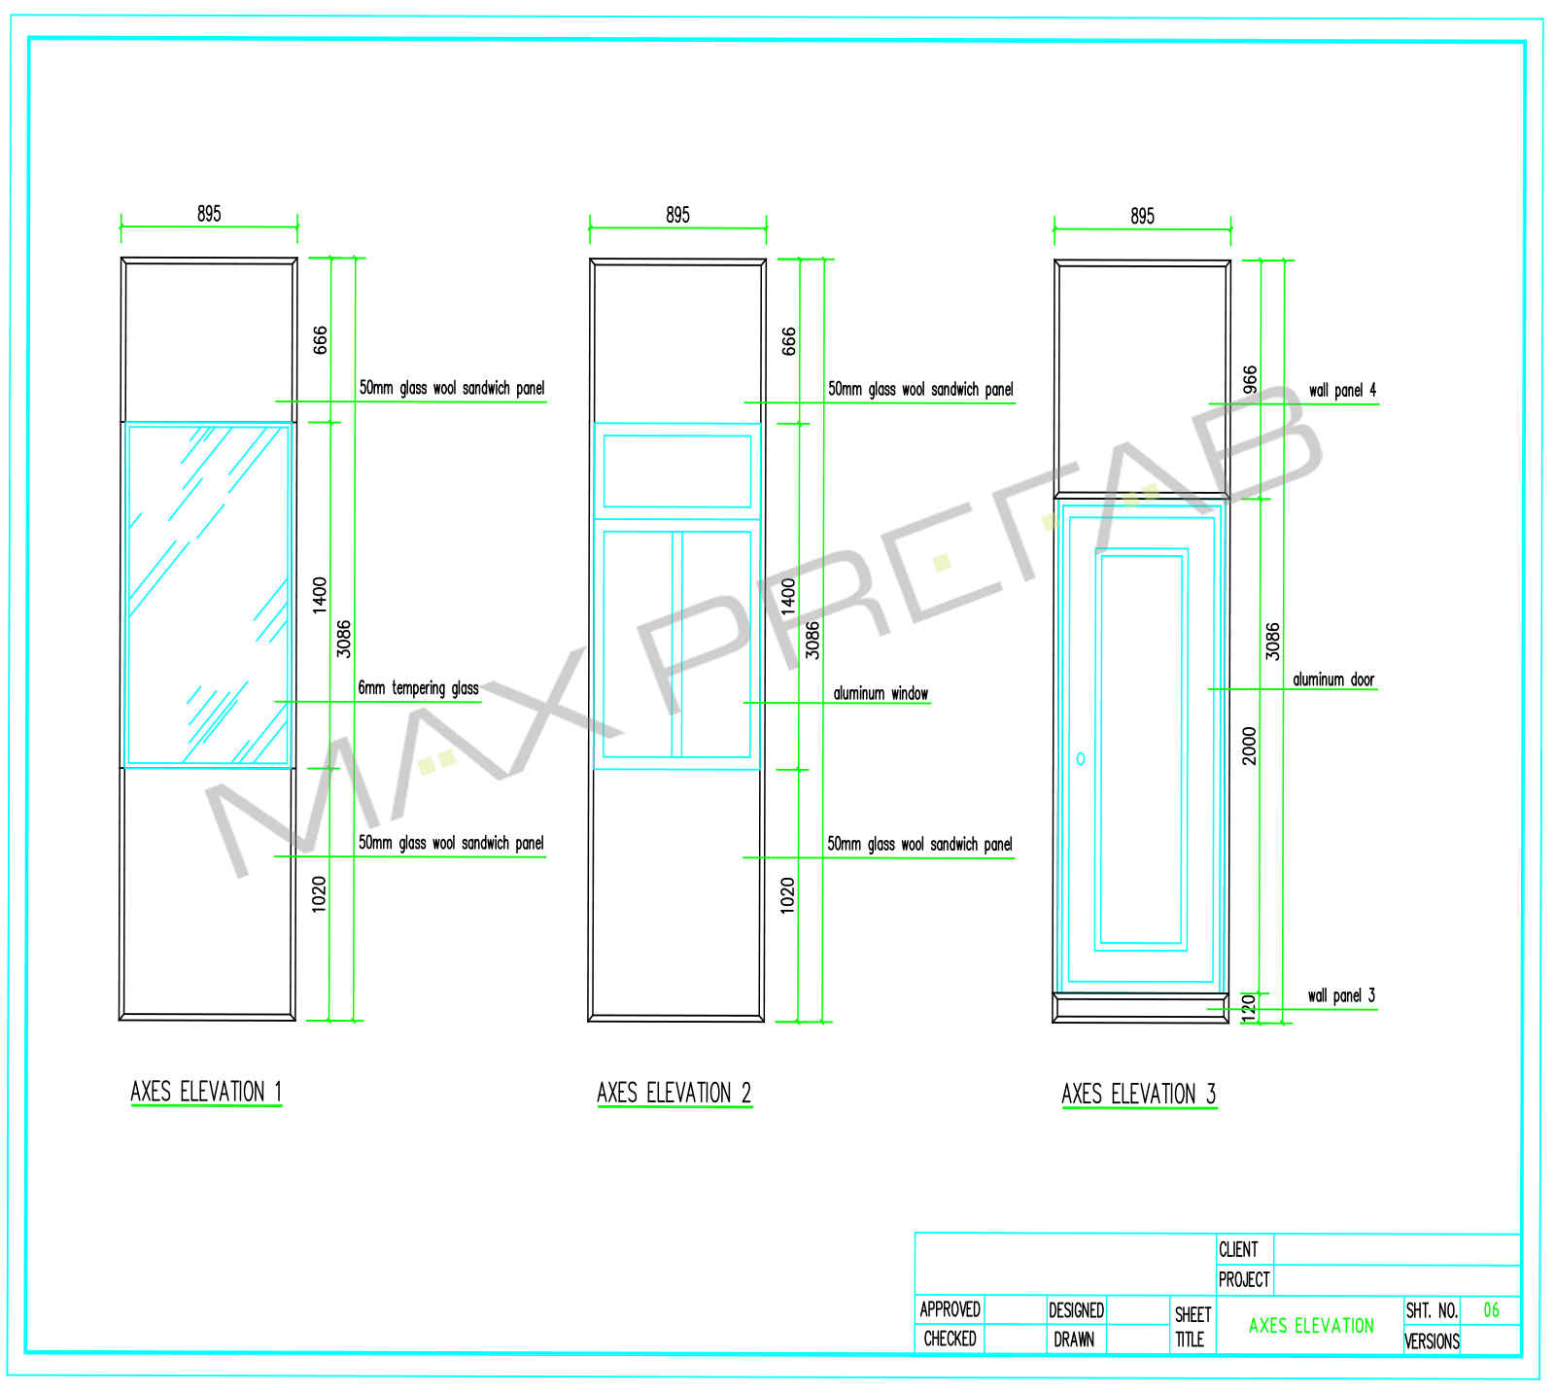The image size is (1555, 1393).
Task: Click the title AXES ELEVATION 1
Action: [206, 1092]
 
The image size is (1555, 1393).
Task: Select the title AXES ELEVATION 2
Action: [674, 1094]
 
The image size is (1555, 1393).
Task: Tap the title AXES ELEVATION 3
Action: [1139, 1095]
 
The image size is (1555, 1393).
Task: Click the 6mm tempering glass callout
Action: [418, 688]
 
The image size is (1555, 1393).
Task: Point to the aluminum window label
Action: [881, 693]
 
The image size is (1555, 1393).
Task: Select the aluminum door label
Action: [1333, 679]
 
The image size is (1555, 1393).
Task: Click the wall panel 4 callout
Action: [1342, 390]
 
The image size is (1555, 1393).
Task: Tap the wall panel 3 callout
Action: [1341, 995]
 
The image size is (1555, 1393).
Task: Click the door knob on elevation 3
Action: [1081, 758]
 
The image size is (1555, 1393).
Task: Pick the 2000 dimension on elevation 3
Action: [1250, 746]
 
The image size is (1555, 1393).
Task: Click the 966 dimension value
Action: [1251, 379]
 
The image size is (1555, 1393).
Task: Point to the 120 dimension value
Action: [1250, 1007]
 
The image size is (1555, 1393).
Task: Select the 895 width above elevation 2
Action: [677, 215]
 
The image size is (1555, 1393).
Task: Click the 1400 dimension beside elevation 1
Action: [320, 595]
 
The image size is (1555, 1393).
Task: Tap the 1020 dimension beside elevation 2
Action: [787, 894]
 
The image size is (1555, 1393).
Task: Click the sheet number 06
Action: [1491, 1310]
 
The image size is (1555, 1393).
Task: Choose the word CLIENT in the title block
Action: [1238, 1249]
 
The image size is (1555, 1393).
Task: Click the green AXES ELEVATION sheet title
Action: [1311, 1325]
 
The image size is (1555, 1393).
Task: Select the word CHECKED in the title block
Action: [950, 1339]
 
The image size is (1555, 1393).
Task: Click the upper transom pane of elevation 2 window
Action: [677, 471]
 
